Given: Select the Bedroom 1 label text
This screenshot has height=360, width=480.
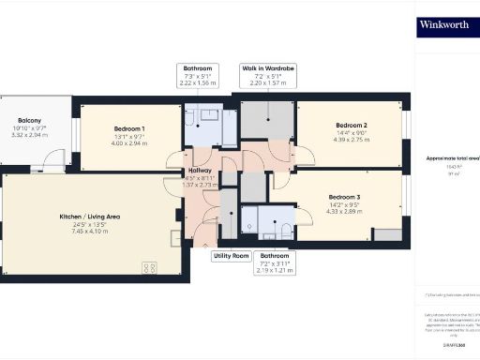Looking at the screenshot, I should point(129,127).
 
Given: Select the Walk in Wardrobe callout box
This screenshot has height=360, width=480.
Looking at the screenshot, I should point(268,76).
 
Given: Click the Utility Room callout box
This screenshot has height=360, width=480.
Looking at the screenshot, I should point(231,255).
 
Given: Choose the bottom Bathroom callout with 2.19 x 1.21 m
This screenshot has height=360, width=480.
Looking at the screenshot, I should point(275,261).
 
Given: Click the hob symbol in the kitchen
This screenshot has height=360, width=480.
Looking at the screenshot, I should point(150,268).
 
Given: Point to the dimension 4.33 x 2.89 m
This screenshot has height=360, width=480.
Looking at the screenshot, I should point(344,211).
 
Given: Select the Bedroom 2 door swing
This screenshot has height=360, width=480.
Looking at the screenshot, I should point(302,156).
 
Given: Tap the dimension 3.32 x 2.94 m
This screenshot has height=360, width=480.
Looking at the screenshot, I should point(29,135).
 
